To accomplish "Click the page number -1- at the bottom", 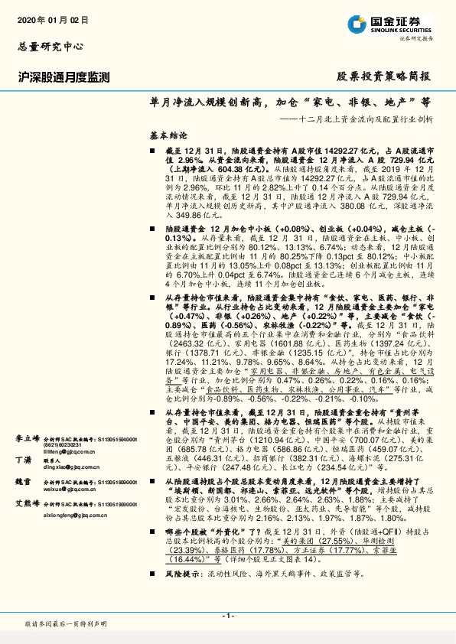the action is pos(227,616).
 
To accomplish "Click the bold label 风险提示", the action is pos(182,594).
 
